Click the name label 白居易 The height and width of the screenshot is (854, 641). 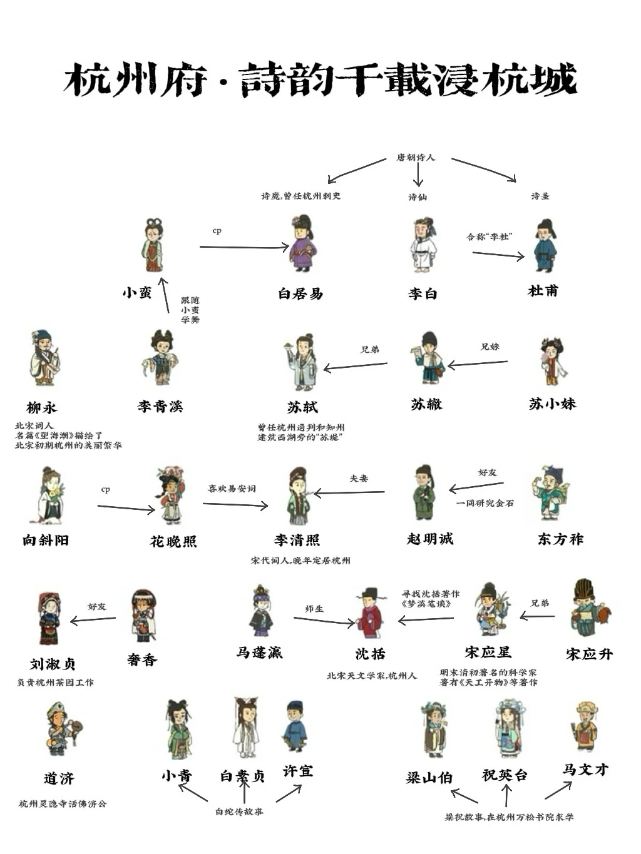(x=300, y=293)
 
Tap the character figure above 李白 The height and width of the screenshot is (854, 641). (x=424, y=245)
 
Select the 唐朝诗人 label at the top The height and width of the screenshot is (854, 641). (x=416, y=158)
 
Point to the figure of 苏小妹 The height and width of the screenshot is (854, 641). (x=553, y=361)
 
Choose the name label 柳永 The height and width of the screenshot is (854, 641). (x=42, y=408)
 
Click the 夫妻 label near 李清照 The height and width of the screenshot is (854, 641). (x=359, y=479)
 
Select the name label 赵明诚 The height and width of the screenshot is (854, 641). (x=429, y=539)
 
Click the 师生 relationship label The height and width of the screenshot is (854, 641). (x=314, y=609)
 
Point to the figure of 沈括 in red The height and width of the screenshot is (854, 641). (x=369, y=614)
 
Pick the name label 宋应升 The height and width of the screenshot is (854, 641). (x=589, y=654)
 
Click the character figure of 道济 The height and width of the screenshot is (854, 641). (x=61, y=729)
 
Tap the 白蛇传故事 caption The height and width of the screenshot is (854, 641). (x=239, y=811)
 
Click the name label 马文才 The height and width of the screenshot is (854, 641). (x=585, y=770)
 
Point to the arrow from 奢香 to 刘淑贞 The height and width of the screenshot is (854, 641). (x=93, y=620)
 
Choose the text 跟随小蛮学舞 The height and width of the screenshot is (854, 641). (x=190, y=310)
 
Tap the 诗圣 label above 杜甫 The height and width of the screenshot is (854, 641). (x=540, y=196)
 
